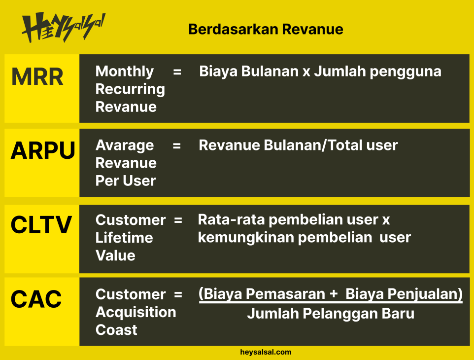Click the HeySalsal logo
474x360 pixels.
click(64, 27)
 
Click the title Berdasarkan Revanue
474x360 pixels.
click(266, 30)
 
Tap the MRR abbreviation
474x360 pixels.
click(37, 76)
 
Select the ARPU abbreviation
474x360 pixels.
click(43, 150)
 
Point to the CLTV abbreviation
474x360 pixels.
click(41, 225)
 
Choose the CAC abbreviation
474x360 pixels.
click(36, 299)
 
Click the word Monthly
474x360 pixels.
click(125, 72)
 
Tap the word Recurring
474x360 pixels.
click(130, 90)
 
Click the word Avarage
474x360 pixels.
click(125, 146)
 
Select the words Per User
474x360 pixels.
click(126, 180)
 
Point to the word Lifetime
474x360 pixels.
click(124, 238)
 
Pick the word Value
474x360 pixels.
click(115, 255)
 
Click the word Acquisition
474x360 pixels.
click(135, 312)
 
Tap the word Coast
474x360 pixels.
click(116, 330)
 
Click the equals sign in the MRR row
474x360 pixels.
click(177, 72)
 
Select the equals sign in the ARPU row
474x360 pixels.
click(177, 146)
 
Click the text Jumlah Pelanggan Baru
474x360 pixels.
click(331, 314)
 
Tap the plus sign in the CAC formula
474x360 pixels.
click(334, 294)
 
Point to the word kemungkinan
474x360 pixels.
click(246, 238)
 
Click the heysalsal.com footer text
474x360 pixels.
click(266, 352)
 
